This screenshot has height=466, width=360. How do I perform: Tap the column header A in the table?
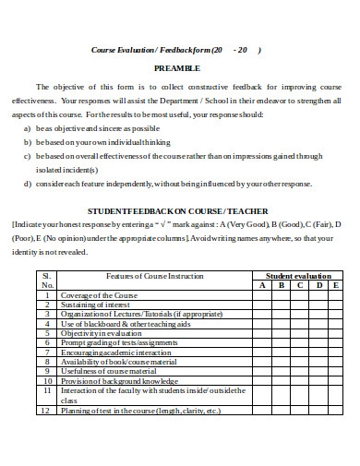coord(261,285)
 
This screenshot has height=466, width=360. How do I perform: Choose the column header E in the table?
coord(335,285)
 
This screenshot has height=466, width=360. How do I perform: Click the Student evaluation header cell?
coord(298,276)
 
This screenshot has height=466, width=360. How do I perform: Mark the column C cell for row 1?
coord(298,295)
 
